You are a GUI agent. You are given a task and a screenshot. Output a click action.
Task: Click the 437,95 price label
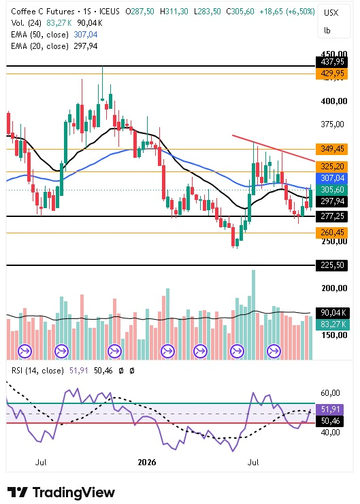tap(331, 62)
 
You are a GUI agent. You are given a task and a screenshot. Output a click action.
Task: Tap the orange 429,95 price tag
tap(331, 73)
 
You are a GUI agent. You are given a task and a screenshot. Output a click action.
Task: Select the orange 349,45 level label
tap(331, 149)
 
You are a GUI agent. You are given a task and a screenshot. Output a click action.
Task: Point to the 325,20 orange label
tap(331, 167)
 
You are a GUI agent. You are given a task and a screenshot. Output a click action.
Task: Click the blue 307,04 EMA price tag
tap(331, 178)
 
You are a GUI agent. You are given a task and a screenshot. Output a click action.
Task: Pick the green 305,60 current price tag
tap(331, 190)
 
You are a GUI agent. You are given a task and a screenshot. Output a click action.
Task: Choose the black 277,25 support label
tap(331, 216)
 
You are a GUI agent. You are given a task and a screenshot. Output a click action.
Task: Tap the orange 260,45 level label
tap(331, 233)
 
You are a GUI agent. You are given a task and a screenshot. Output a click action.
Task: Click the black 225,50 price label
tap(331, 265)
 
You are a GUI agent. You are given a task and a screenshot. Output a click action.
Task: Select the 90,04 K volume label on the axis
tap(331, 312)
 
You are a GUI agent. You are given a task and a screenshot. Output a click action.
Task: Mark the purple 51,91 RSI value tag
tap(330, 409)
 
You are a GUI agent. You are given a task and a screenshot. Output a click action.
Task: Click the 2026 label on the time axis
tap(147, 463)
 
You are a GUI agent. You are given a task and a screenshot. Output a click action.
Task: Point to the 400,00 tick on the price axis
tap(334, 101)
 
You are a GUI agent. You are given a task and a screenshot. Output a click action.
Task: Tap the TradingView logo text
tap(73, 492)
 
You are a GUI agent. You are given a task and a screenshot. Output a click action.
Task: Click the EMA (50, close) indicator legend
tap(40, 35)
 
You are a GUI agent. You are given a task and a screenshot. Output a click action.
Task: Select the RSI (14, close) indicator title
tap(37, 371)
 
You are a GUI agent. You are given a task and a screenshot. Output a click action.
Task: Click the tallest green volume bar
tap(254, 315)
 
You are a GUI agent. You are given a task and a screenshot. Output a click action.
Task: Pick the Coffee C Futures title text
tap(43, 12)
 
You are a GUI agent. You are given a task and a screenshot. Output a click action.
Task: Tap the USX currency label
tap(331, 13)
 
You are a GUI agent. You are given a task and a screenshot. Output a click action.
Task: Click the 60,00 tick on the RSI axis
tap(331, 392)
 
